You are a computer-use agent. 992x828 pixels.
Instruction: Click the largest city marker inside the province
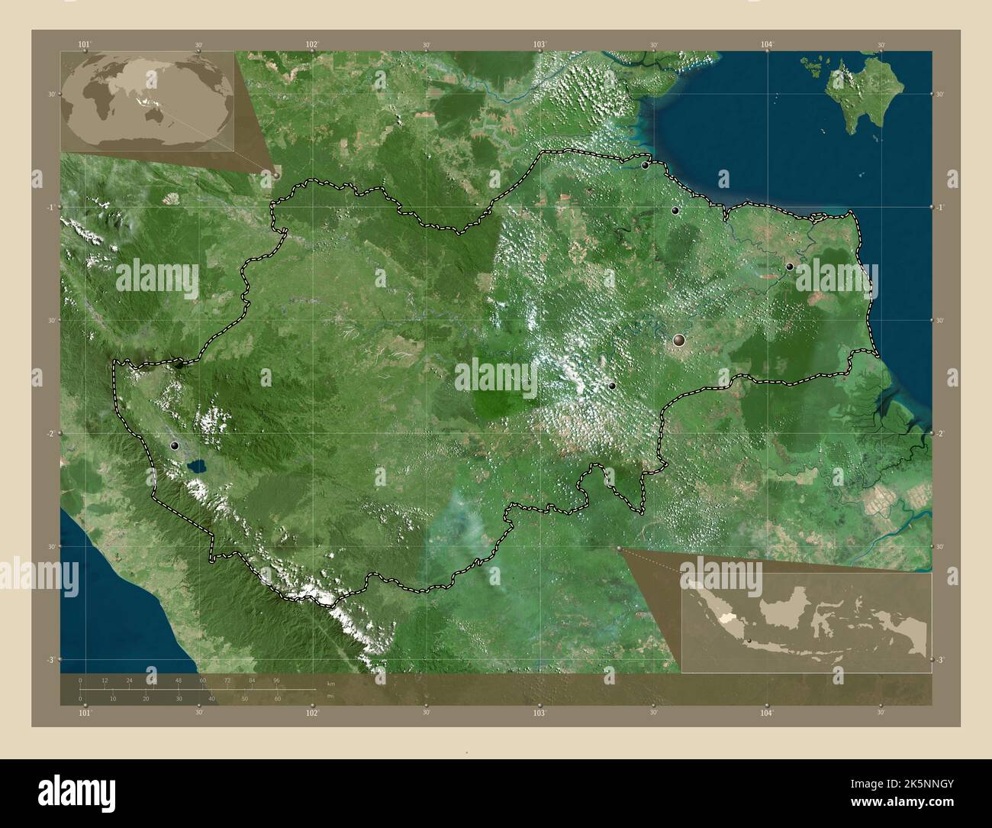coord(679,341)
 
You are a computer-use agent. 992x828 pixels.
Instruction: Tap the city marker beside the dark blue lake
coord(176,445)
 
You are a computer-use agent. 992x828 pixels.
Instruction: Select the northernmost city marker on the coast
coord(645,164)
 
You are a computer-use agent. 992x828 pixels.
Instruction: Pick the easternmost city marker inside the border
coord(790,266)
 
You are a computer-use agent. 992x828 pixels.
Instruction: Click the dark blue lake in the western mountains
coord(197,464)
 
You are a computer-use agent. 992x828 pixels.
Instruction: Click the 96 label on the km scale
coord(276,680)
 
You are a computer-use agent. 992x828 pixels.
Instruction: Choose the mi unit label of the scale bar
coord(330,696)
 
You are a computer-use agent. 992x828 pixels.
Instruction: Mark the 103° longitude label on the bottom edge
coord(539,713)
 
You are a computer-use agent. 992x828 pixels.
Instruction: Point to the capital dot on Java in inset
coord(750,640)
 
